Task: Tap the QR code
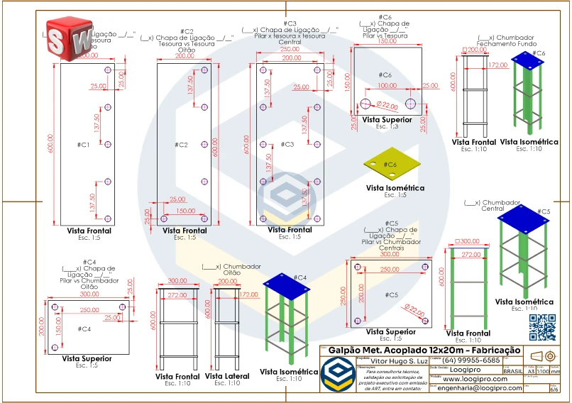[x=543, y=326]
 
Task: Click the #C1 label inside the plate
[x=83, y=145]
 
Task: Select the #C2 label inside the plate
[x=181, y=145]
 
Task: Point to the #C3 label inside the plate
[x=286, y=145]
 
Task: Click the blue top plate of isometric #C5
[x=525, y=217]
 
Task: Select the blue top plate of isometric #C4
[x=287, y=282]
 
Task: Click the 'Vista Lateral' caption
[x=227, y=375]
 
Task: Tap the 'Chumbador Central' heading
[x=493, y=206]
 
